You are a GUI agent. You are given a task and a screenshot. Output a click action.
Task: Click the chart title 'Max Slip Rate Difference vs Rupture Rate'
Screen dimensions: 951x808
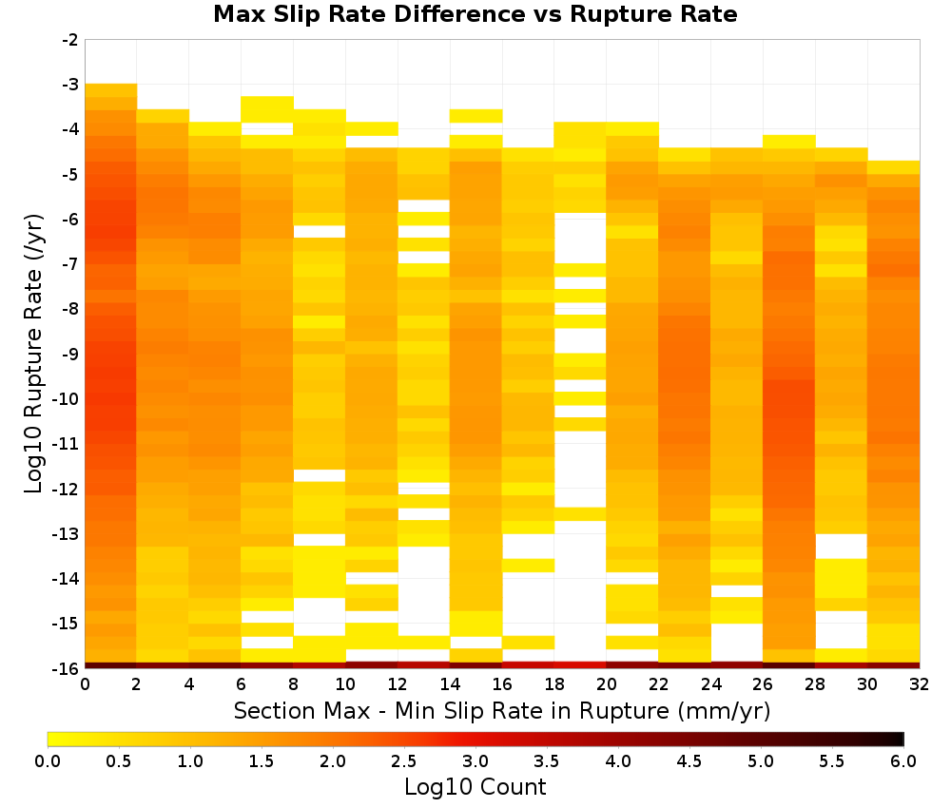(x=475, y=14)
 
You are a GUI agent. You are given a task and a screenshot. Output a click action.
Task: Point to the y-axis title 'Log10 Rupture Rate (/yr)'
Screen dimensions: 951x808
(x=33, y=354)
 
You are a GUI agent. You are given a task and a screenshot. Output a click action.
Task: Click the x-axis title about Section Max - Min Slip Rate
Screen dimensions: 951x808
(x=501, y=711)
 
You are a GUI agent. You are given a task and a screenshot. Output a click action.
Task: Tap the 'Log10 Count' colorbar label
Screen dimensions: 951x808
(x=475, y=787)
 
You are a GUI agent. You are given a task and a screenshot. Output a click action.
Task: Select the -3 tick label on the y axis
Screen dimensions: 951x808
(x=70, y=85)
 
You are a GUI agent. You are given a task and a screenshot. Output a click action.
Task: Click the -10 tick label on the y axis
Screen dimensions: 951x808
(x=67, y=399)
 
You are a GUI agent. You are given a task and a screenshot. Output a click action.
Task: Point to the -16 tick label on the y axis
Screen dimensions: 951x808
(x=67, y=668)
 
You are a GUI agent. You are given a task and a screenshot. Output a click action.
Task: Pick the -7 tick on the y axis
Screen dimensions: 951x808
(x=70, y=263)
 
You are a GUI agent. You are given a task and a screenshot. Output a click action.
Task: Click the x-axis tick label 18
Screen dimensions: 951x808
(x=554, y=684)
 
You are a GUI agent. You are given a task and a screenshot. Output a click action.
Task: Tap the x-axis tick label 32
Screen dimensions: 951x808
(x=920, y=684)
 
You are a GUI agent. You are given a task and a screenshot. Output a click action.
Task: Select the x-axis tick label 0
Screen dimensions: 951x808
(x=85, y=684)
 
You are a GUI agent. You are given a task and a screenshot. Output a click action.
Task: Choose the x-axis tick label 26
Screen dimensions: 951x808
(x=763, y=684)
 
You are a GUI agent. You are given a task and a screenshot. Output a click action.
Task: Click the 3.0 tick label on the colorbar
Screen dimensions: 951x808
(x=475, y=760)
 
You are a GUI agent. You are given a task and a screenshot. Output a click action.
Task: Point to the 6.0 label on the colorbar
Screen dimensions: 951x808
(x=903, y=760)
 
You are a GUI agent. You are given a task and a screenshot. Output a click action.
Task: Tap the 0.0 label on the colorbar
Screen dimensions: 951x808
(x=48, y=760)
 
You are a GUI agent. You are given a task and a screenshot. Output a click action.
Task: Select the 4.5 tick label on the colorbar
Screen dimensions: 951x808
(x=689, y=760)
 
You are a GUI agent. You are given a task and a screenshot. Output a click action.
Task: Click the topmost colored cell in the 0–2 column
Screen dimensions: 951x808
(x=111, y=90)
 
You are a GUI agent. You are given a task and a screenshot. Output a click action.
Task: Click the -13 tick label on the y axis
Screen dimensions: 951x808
(x=67, y=533)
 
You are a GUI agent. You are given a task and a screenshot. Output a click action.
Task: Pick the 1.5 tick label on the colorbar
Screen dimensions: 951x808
(x=262, y=760)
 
